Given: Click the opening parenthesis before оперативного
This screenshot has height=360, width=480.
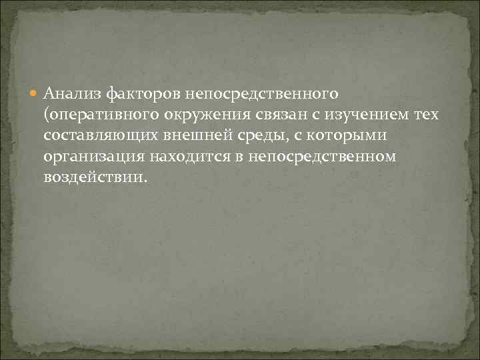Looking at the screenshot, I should click(x=45, y=115).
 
